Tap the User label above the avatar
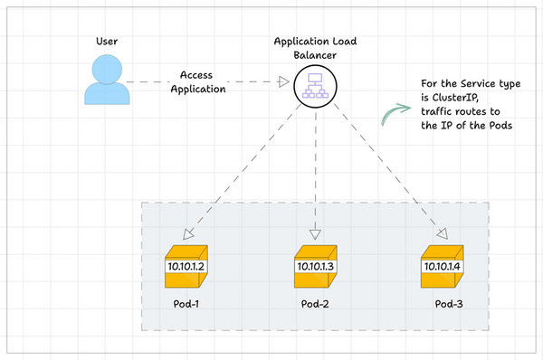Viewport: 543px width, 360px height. pyautogui.click(x=108, y=42)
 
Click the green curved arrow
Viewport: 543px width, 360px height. pyautogui.click(x=395, y=113)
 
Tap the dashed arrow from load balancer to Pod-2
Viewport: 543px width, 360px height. pyautogui.click(x=314, y=172)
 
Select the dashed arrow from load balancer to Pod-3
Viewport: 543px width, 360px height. pyautogui.click(x=385, y=172)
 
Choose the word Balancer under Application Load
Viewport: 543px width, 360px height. pyautogui.click(x=313, y=56)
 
